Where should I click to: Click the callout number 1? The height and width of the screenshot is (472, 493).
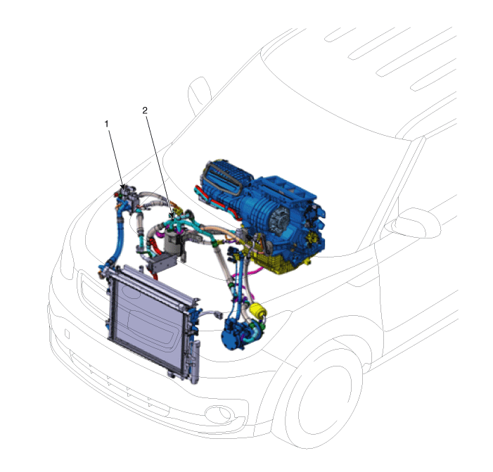coord(106,124)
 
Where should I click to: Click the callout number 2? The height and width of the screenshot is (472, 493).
coord(145,110)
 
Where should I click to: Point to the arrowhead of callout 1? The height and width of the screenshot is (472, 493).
coord(123,187)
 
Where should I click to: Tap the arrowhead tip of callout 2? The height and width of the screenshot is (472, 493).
coord(173,217)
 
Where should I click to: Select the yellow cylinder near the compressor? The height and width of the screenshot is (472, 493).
coord(258,310)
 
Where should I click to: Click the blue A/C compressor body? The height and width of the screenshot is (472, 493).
coord(236,334)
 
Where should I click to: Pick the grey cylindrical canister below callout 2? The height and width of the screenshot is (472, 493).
coord(173,243)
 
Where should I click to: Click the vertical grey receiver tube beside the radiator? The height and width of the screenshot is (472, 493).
coord(196,362)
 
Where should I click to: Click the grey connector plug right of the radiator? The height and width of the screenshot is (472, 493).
coord(217,314)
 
